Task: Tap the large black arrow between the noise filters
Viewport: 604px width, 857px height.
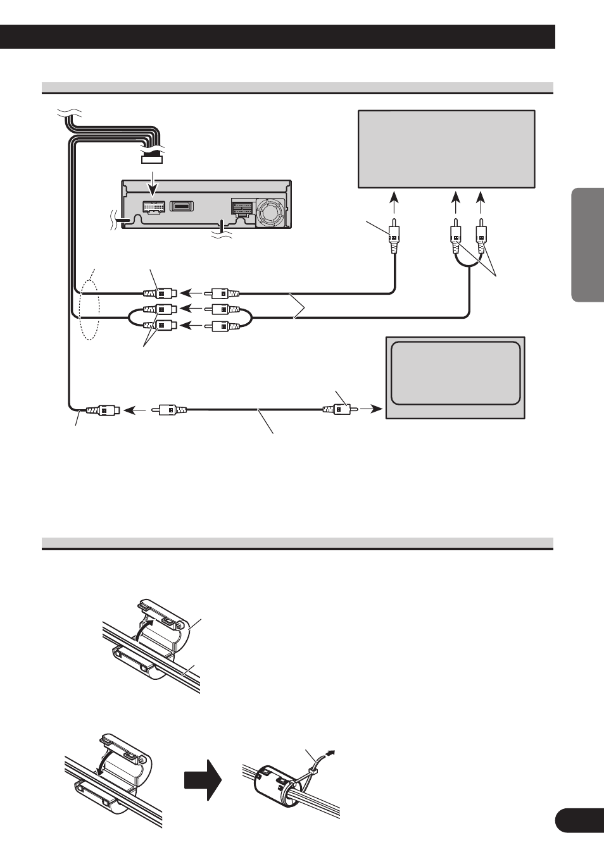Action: click(x=203, y=782)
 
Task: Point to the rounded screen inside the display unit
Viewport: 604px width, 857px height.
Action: click(x=456, y=374)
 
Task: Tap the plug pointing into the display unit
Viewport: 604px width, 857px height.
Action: click(x=340, y=409)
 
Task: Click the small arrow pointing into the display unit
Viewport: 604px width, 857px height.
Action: click(x=374, y=409)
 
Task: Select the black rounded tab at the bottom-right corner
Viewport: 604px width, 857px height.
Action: click(x=579, y=821)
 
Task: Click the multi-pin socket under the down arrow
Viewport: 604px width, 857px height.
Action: click(x=152, y=207)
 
